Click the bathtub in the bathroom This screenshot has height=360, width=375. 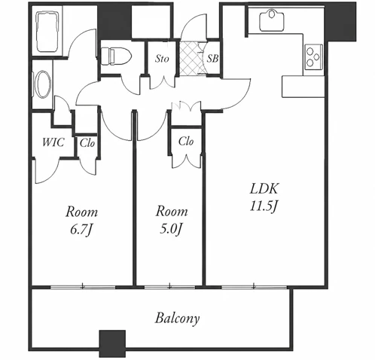click(47, 32)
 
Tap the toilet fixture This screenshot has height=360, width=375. click(116, 56)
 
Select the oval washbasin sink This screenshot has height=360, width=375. click(43, 84)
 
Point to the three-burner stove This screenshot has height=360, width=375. click(313, 57)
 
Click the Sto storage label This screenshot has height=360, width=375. click(162, 59)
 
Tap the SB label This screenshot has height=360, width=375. click(212, 59)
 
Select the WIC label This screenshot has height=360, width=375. click(53, 142)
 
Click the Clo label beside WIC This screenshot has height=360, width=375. click(87, 143)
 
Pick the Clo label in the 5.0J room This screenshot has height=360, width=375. click(186, 142)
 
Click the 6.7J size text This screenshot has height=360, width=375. click(81, 230)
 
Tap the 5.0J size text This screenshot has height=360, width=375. click(171, 229)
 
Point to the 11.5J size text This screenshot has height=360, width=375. click(264, 206)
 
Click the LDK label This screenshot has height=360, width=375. click(264, 189)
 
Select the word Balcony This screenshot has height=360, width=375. click(177, 319)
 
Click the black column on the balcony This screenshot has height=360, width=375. click(112, 343)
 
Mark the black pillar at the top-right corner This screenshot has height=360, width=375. click(340, 22)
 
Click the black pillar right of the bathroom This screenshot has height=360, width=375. click(114, 22)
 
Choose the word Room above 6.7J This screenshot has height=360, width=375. click(81, 212)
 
